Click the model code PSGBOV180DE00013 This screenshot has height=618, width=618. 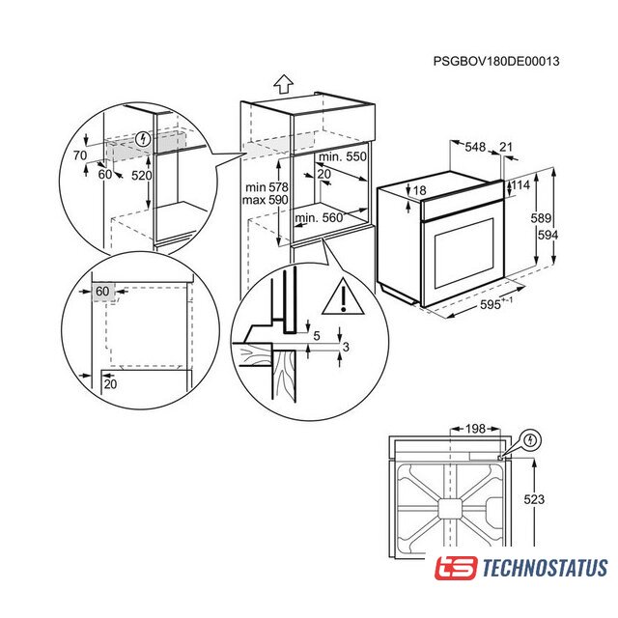tap(495, 61)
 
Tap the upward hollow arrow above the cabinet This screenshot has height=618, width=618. tap(283, 84)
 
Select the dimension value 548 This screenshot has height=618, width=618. tap(475, 147)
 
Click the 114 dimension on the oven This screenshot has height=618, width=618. tap(520, 184)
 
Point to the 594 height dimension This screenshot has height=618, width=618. tap(548, 235)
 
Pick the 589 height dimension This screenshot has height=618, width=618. tap(541, 218)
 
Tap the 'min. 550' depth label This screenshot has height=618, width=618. tap(343, 156)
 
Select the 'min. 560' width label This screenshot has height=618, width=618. tap(319, 217)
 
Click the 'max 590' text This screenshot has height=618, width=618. tap(265, 200)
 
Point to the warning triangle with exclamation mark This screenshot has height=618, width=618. tap(343, 297)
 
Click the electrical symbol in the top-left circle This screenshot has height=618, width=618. tap(143, 139)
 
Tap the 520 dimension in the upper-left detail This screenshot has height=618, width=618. tap(142, 175)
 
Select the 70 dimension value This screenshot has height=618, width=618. tap(80, 155)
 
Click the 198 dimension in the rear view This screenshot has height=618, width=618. tap(475, 429)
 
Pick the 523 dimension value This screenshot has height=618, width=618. tap(534, 499)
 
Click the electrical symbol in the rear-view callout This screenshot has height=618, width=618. tap(531, 439)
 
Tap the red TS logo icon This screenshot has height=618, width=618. tap(456, 568)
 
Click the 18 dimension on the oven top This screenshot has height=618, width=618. tap(419, 190)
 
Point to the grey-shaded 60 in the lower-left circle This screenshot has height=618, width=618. tap(102, 292)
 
